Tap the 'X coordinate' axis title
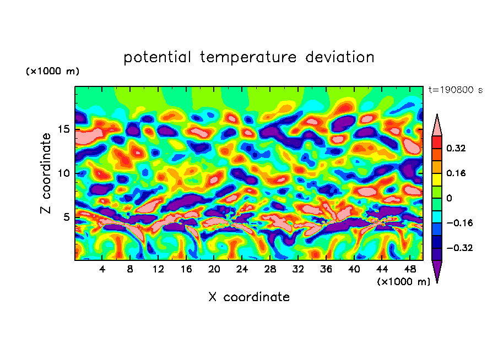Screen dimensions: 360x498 pos(249,297)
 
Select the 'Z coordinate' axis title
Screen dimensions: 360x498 pos(46,173)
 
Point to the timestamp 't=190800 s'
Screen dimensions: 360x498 pos(455,90)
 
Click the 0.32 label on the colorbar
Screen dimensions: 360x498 pos(456,148)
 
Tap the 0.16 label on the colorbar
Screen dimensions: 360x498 pos(456,173)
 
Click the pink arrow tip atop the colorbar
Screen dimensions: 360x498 pos(437,124)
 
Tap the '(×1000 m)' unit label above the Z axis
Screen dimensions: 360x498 pos(52,72)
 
